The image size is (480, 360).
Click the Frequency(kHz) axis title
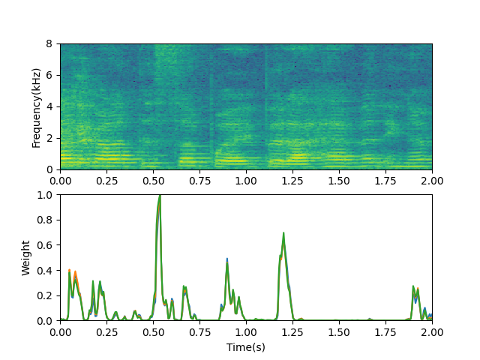[x=36, y=106]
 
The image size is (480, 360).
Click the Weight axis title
[x=26, y=258]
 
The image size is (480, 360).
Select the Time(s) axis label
[x=246, y=347]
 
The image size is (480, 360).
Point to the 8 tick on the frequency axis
[x=50, y=43]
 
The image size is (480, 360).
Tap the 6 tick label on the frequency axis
[x=50, y=75]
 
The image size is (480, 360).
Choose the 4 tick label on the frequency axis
[x=50, y=106]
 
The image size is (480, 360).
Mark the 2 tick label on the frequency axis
[x=50, y=138]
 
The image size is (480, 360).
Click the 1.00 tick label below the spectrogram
[x=246, y=180]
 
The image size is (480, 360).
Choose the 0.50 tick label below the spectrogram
[x=153, y=180]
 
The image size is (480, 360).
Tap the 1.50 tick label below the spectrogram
[x=339, y=180]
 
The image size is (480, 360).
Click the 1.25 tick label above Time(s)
[x=292, y=331]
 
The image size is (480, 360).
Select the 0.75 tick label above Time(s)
[x=199, y=331]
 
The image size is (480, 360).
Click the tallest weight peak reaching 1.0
[x=160, y=195]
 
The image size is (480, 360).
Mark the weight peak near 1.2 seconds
[x=283, y=233]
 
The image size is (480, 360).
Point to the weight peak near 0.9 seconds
[x=227, y=259]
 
